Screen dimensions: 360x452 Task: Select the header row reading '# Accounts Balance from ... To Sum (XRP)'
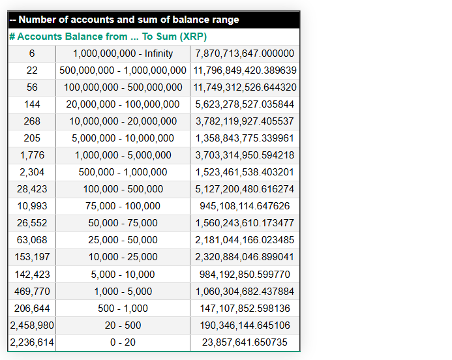point(108,37)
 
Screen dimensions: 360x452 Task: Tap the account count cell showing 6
point(32,53)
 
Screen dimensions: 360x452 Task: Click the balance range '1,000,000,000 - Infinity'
point(123,53)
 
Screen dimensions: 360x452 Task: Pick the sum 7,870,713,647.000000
point(245,53)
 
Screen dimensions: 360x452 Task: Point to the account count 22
point(32,70)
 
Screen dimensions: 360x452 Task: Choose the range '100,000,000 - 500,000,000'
point(123,87)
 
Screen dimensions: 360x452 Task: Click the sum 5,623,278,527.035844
point(245,104)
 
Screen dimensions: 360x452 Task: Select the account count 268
point(32,121)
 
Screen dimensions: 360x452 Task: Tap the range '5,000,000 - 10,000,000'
point(123,138)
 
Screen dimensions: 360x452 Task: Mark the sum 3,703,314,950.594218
point(245,155)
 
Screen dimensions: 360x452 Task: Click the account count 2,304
point(32,172)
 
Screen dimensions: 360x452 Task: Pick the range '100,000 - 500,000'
point(123,189)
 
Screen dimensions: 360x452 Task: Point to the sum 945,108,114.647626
point(245,206)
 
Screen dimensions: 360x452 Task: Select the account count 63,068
point(32,240)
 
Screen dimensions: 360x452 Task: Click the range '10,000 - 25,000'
point(123,257)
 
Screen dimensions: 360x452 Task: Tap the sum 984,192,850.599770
point(245,274)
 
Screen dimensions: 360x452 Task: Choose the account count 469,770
point(32,291)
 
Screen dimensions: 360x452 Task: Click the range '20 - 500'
point(123,325)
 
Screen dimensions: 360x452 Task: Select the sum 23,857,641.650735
point(245,342)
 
